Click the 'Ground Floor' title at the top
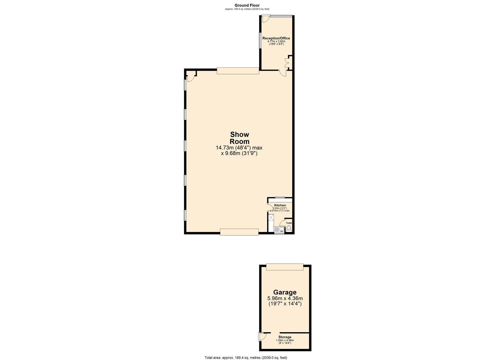click(x=247, y=5)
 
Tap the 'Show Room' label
click(x=239, y=138)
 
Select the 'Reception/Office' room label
click(x=276, y=38)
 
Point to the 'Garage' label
click(x=285, y=292)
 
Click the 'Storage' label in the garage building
click(x=285, y=337)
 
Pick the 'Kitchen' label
click(x=280, y=205)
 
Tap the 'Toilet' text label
click(x=289, y=223)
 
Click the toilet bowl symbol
click(x=289, y=228)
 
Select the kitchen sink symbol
click(x=278, y=229)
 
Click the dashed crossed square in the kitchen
click(x=271, y=218)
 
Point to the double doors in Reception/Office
click(x=287, y=62)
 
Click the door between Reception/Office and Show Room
click(x=283, y=73)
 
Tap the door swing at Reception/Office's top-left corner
click(x=265, y=19)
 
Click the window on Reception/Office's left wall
click(x=260, y=40)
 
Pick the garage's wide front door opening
click(x=285, y=267)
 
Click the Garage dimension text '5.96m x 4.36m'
click(x=285, y=298)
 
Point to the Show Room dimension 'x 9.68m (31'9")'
click(x=239, y=153)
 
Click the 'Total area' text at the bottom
click(x=246, y=357)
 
